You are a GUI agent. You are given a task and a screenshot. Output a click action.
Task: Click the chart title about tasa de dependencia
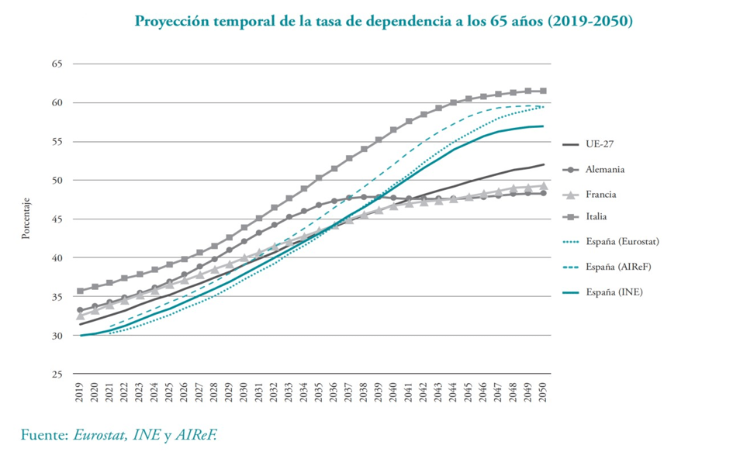tap(383, 22)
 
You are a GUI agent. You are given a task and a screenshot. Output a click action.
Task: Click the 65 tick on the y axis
tap(57, 64)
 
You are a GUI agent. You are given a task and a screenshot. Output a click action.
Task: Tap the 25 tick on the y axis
tap(57, 374)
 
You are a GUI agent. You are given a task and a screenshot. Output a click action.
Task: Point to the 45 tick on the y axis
tap(57, 219)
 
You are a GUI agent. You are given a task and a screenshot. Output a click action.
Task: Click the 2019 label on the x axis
tap(80, 393)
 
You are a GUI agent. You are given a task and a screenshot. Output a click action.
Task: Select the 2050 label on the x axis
tap(543, 393)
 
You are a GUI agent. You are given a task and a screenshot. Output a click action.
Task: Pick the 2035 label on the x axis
tap(319, 393)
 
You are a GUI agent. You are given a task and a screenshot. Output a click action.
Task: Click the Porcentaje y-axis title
tap(26, 219)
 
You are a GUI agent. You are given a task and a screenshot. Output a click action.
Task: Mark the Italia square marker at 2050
tap(543, 91)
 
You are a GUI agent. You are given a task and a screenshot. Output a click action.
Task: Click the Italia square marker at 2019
tap(80, 291)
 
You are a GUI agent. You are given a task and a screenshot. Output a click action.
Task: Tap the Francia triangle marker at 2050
tap(543, 186)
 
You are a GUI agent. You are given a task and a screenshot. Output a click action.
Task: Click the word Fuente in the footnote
tap(43, 435)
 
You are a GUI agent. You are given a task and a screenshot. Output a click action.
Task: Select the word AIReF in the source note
tap(195, 435)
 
